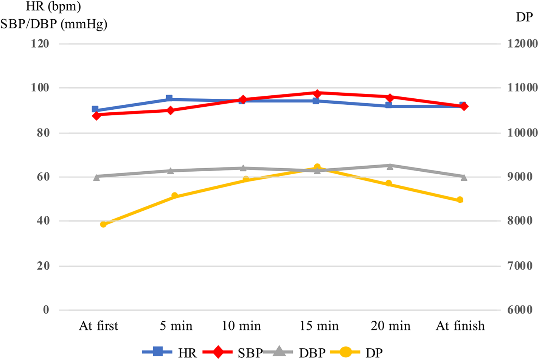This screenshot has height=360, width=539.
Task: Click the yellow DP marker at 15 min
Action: pos(317,167)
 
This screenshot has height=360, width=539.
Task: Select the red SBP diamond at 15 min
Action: pos(317,93)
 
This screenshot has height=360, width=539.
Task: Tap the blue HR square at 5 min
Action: pos(169,99)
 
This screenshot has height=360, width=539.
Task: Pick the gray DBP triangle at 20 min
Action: pos(390,166)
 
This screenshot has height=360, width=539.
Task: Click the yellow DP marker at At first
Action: pos(103,224)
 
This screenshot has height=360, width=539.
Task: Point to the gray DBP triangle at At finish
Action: pos(464,177)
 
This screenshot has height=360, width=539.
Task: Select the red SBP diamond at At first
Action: pos(96,116)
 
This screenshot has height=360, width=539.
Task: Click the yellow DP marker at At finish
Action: pos(460,200)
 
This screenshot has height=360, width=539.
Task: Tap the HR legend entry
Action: pos(170,352)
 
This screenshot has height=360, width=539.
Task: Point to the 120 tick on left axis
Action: pos(40,43)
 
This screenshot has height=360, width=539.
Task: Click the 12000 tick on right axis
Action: pos(522,43)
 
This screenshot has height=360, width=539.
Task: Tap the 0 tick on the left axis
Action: pos(46,310)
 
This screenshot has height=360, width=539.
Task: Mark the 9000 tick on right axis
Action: pos(522,177)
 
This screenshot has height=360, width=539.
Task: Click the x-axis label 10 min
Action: pos(241,326)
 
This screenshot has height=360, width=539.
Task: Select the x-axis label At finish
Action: pos(460,326)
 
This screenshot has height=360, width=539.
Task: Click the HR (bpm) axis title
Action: pos(53,6)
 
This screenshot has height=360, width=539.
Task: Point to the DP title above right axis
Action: pos(524,17)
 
